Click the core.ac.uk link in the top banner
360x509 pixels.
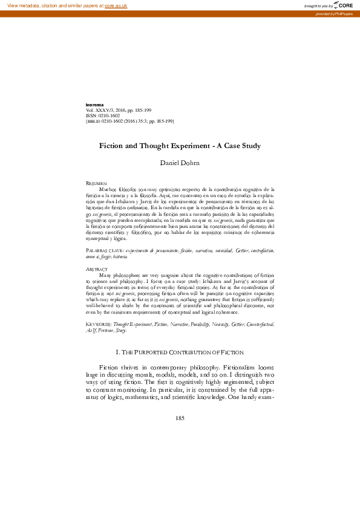pyautogui.click(x=116, y=5)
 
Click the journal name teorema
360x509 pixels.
pyautogui.click(x=97, y=105)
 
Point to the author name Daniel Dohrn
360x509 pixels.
pyautogui.click(x=180, y=163)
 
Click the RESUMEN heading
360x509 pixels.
pyautogui.click(x=97, y=183)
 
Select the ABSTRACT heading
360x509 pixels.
pyautogui.click(x=98, y=268)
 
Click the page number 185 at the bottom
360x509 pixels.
pyautogui.click(x=180, y=418)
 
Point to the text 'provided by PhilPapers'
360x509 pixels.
pyautogui.click(x=336, y=13)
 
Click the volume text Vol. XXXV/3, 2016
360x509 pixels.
pyautogui.click(x=113, y=110)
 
